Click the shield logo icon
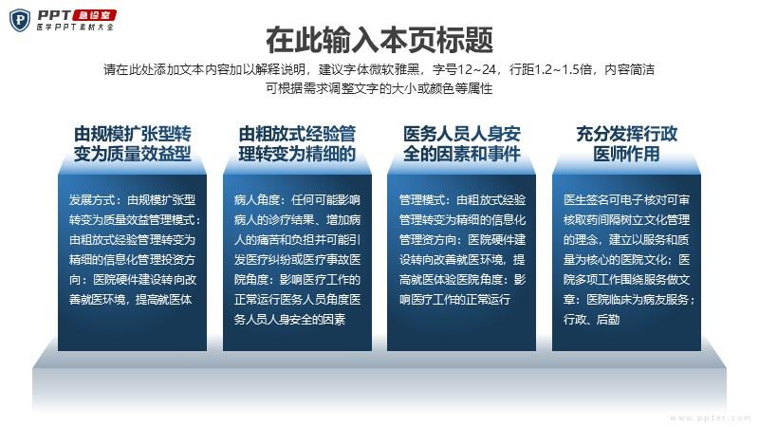[x=20, y=20]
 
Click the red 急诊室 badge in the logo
[x=94, y=15]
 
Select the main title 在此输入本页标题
[x=379, y=40]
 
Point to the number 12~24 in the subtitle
[x=477, y=69]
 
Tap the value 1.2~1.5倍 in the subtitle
[x=563, y=69]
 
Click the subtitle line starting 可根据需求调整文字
[x=379, y=88]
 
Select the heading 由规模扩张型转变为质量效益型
[x=132, y=144]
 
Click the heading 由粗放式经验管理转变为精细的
[x=297, y=144]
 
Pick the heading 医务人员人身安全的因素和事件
[x=462, y=144]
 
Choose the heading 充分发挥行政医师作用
[x=626, y=144]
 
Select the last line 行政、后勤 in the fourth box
[x=591, y=320]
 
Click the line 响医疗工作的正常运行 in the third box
[x=454, y=300]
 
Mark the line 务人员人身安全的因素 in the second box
[x=289, y=320]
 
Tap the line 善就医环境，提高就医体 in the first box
[x=131, y=300]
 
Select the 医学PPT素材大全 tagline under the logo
[x=76, y=28]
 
